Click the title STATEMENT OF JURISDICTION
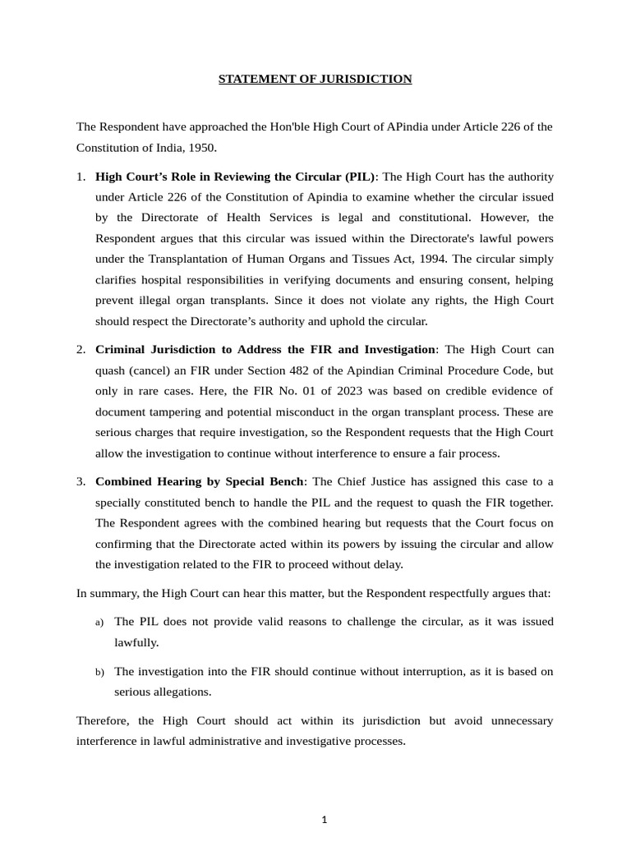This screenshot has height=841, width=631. (315, 80)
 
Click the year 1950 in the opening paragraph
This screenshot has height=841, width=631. (201, 148)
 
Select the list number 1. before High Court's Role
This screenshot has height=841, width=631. (81, 177)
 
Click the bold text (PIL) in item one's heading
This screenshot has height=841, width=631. (359, 177)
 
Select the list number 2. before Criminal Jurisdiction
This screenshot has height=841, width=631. (81, 350)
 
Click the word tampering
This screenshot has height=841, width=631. (164, 411)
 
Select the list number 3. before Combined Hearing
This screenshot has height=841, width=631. (81, 481)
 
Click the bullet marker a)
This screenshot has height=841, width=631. (99, 623)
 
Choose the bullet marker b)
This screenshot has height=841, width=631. (99, 673)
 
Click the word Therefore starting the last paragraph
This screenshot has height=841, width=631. (103, 721)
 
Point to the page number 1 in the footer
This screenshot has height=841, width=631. (325, 820)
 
